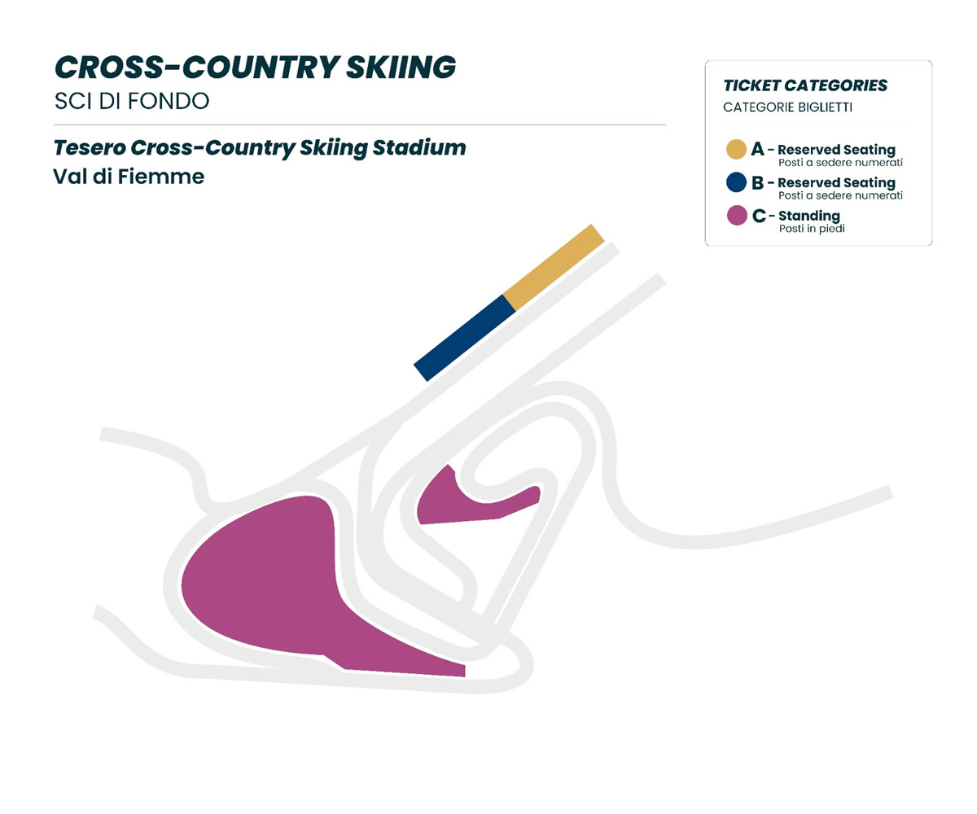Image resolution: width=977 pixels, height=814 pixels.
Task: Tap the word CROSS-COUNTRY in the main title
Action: pyautogui.click(x=182, y=68)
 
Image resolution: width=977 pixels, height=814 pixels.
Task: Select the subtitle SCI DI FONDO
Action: pyautogui.click(x=131, y=101)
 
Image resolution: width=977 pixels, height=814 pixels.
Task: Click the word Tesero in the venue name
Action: pyautogui.click(x=88, y=148)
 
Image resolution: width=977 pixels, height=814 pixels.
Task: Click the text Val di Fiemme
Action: pyautogui.click(x=128, y=176)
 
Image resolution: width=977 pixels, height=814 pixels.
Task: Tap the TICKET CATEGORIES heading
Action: pyautogui.click(x=804, y=85)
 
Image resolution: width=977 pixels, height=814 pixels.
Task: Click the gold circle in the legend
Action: pyautogui.click(x=737, y=150)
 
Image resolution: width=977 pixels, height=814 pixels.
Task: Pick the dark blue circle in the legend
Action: pyautogui.click(x=737, y=183)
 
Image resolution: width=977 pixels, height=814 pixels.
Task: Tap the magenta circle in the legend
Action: pyautogui.click(x=737, y=216)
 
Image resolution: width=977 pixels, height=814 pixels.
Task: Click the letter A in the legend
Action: pyautogui.click(x=758, y=150)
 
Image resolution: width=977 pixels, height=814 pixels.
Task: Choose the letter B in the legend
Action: pyautogui.click(x=758, y=183)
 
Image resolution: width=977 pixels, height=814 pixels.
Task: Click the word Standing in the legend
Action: pyautogui.click(x=809, y=216)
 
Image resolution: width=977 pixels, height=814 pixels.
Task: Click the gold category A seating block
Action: pyautogui.click(x=554, y=266)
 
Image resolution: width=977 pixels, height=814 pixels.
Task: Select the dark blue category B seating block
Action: pyautogui.click(x=464, y=337)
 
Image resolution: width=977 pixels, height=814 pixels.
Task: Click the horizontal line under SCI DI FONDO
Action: pyautogui.click(x=359, y=125)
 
